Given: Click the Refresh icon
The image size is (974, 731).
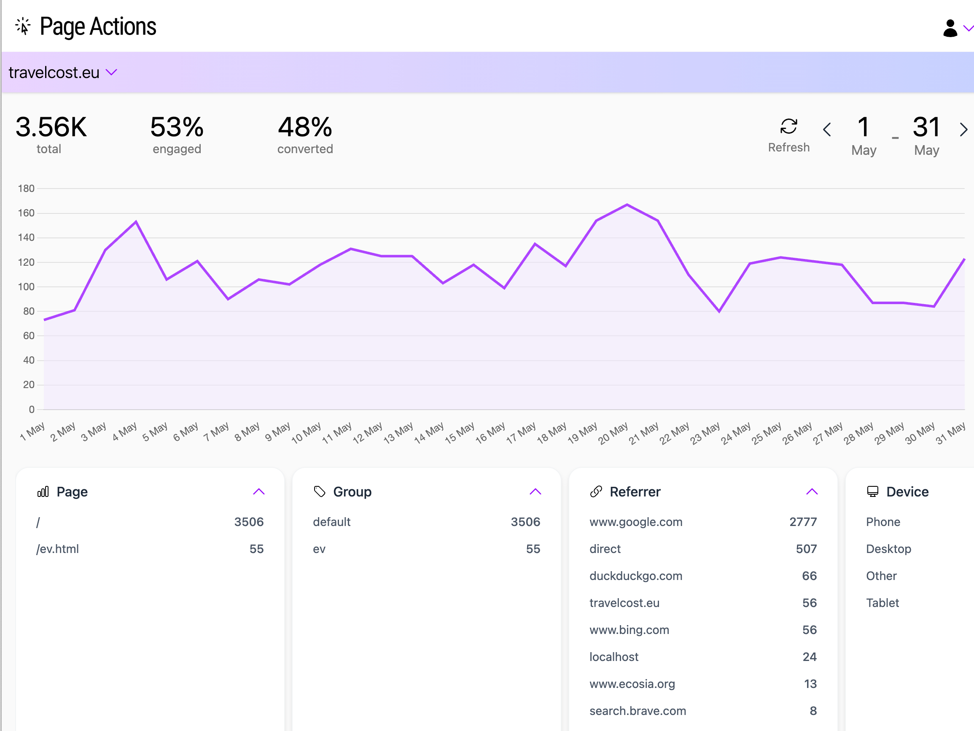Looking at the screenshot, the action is [x=788, y=127].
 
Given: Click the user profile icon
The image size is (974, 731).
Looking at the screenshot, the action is [x=950, y=28].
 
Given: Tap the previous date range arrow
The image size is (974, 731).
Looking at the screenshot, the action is [x=827, y=129].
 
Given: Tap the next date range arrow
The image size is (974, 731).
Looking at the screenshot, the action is [x=963, y=129].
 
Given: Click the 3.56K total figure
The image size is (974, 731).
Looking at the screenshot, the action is [x=51, y=127].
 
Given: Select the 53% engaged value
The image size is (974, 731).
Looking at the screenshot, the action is [x=177, y=127].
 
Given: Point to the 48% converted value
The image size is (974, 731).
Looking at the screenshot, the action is [x=305, y=127].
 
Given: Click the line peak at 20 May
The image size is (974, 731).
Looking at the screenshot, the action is [x=627, y=205].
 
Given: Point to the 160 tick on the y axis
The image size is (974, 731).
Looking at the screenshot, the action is [x=26, y=213].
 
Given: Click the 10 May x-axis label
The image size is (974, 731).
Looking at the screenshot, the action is [x=306, y=433].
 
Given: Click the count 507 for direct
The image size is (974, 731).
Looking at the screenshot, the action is [x=806, y=549].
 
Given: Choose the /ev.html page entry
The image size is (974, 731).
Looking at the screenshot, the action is [x=58, y=549].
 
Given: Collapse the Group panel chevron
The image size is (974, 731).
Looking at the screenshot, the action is [x=535, y=492].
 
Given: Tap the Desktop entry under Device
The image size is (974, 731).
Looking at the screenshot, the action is [x=888, y=549].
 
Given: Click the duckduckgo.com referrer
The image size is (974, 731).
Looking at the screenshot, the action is [x=636, y=576].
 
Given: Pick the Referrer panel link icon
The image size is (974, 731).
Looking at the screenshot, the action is [x=596, y=492].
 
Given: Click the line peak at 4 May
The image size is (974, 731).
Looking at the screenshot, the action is [x=136, y=221].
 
